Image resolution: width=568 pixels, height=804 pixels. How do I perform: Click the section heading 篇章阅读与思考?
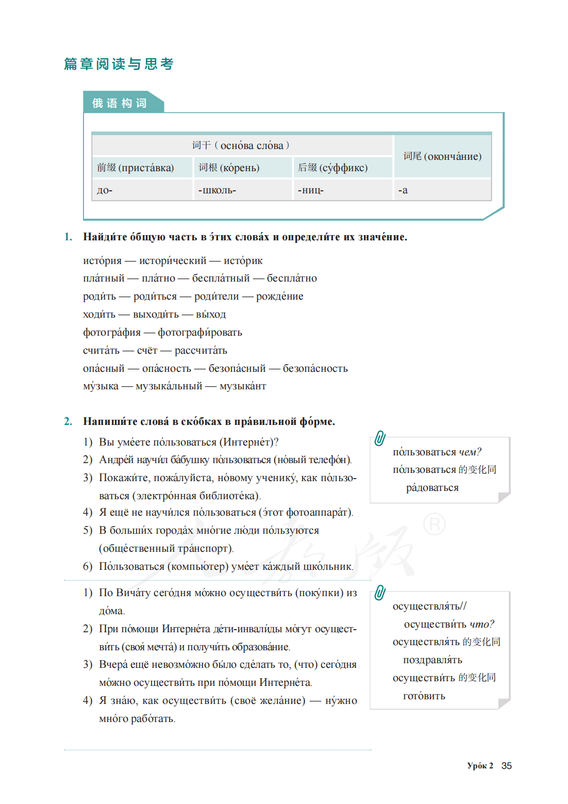[x=119, y=64]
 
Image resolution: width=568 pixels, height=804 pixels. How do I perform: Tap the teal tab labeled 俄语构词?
[x=120, y=103]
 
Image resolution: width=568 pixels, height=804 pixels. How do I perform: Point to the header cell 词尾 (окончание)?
[x=442, y=156]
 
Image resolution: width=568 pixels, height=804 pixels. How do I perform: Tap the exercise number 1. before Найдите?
[x=68, y=237]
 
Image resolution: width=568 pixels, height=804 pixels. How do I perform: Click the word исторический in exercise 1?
[x=173, y=261]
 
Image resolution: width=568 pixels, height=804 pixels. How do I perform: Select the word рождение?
[x=280, y=297]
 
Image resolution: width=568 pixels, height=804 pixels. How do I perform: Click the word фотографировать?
[x=200, y=333]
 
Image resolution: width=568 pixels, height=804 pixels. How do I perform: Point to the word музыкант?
[x=243, y=386]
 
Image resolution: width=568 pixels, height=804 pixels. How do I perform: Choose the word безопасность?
[x=315, y=368]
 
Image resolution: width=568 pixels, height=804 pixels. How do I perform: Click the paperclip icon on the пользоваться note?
[x=380, y=438]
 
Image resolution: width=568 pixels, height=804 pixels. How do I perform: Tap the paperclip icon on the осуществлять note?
[x=380, y=593]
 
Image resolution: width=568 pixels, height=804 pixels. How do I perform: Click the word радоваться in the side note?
[x=432, y=488]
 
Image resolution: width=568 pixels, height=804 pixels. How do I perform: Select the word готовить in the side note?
[x=424, y=696]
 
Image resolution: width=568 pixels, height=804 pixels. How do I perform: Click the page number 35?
[x=507, y=766]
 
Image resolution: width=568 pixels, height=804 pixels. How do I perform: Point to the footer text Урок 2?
[x=480, y=766]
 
